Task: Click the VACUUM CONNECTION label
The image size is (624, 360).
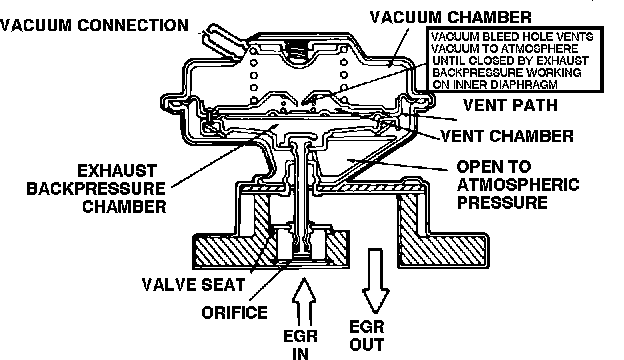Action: pos(94,25)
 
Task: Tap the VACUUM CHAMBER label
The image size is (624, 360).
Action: pos(450,17)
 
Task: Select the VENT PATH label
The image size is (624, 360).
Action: pos(510,105)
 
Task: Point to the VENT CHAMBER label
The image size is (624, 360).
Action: pos(507,136)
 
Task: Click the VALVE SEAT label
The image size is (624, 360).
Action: pos(193,285)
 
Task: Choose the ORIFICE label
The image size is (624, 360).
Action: pos(234,313)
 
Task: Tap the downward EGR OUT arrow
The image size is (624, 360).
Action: pos(375,281)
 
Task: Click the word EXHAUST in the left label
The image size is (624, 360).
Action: pos(117,171)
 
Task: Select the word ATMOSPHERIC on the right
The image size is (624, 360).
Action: pos(518,185)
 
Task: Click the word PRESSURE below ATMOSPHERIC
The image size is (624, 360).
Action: pos(502,202)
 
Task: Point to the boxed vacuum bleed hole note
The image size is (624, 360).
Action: pos(515,60)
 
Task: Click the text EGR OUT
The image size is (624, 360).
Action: pos(367,336)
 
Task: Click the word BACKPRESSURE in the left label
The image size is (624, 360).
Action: pos(96,189)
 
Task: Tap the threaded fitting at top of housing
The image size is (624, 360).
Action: pos(299,52)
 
